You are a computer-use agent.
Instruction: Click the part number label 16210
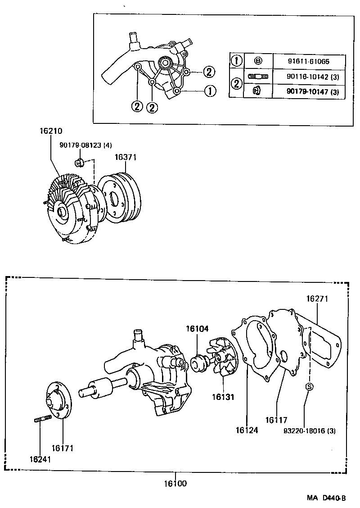50,131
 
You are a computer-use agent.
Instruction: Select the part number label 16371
125,157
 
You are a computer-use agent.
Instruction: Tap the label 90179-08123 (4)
85,145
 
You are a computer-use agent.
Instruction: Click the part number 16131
223,397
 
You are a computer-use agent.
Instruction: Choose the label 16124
247,430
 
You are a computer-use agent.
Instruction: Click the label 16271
318,299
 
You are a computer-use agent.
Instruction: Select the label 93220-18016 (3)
309,431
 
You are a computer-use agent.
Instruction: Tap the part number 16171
62,448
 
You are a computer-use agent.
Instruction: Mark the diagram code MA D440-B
326,498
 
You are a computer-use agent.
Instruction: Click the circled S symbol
309,386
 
